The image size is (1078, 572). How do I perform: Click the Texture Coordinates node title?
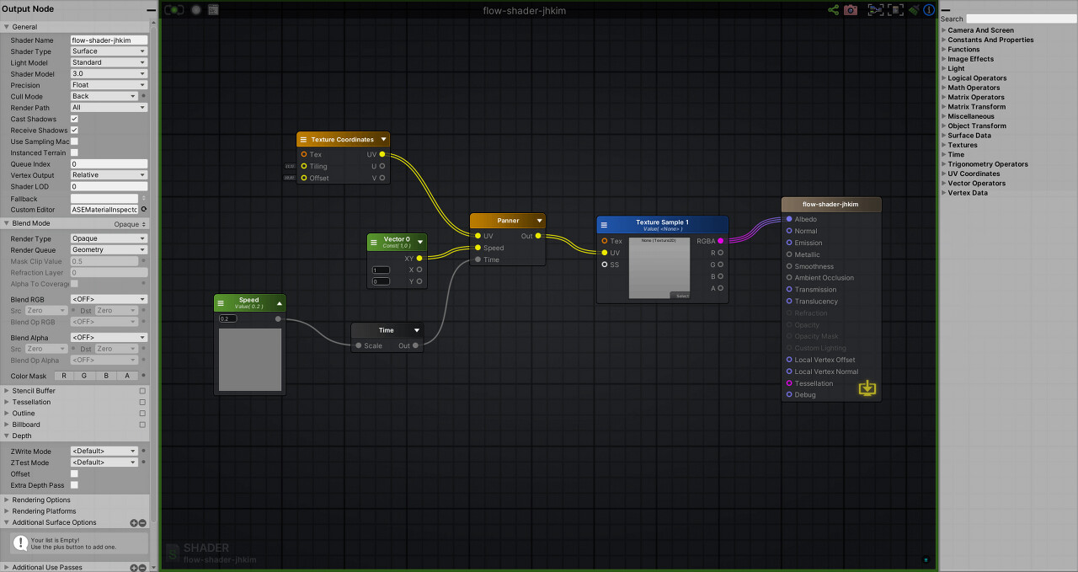coord(342,140)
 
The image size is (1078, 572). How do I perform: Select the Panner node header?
coord(508,221)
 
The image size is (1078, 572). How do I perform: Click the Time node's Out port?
coord(416,345)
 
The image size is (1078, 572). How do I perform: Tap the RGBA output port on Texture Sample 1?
coord(720,241)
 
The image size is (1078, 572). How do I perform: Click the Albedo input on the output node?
coord(789,219)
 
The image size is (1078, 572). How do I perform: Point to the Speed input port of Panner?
coord(478,248)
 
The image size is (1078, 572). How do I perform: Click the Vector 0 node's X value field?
coord(382,270)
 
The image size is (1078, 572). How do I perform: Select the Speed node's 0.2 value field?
coord(228,318)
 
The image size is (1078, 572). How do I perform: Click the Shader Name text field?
coord(109,40)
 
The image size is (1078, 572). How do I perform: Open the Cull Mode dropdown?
coord(104,96)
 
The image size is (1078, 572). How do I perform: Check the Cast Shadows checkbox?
coord(74,119)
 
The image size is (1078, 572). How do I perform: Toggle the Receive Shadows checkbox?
coord(74,131)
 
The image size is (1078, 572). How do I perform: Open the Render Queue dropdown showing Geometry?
coord(109,249)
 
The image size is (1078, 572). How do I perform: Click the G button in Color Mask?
coord(84,376)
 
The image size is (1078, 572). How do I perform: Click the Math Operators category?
coord(974,88)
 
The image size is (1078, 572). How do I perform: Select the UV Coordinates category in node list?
coord(974,174)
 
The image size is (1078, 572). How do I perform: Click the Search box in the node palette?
coord(1021,19)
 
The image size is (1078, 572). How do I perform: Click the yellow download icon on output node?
coord(867,388)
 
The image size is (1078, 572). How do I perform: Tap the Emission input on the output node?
coord(789,243)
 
